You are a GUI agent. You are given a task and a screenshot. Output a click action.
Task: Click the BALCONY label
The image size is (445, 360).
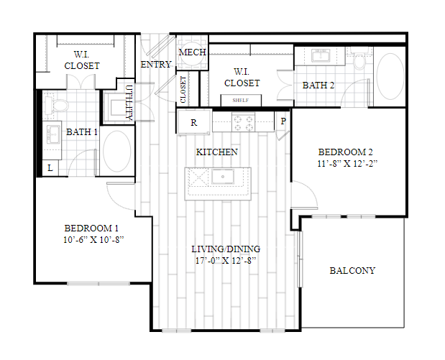352,271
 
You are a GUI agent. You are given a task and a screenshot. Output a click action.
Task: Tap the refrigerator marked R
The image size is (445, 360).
194,122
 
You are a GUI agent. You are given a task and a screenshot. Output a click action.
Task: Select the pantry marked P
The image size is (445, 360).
283,121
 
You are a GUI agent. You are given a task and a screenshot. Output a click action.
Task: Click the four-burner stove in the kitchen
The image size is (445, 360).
243,122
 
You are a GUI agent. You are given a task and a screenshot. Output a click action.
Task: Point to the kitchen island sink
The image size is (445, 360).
223,177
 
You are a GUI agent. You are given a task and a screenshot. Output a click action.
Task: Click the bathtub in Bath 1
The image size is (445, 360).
116,151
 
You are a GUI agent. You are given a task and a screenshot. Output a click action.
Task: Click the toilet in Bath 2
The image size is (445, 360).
360,59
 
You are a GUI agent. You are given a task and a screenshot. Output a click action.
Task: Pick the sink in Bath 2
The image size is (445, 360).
321,55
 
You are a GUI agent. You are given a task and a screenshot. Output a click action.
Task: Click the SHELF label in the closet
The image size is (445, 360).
241,100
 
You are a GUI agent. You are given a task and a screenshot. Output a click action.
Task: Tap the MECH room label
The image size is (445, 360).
192,52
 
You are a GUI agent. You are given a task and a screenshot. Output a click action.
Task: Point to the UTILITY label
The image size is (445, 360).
129,103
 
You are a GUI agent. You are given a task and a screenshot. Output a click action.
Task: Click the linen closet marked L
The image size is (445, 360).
50,168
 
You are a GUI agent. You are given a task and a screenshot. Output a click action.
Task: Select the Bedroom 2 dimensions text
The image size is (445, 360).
347,164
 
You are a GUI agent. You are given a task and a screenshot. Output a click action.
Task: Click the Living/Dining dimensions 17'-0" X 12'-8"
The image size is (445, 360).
226,260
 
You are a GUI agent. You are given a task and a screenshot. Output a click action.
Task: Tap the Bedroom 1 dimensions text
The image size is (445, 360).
93,240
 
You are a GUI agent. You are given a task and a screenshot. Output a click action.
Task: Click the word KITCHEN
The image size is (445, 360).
217,152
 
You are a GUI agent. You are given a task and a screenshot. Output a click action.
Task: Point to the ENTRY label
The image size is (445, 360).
156,65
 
